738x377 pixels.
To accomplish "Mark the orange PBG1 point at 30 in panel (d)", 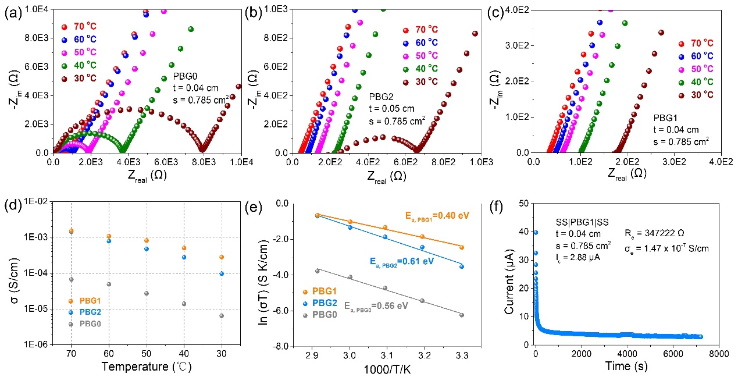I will (x=222, y=257).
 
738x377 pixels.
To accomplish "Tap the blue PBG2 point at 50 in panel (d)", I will (x=147, y=249).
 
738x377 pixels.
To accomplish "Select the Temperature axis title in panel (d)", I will (x=145, y=367).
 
